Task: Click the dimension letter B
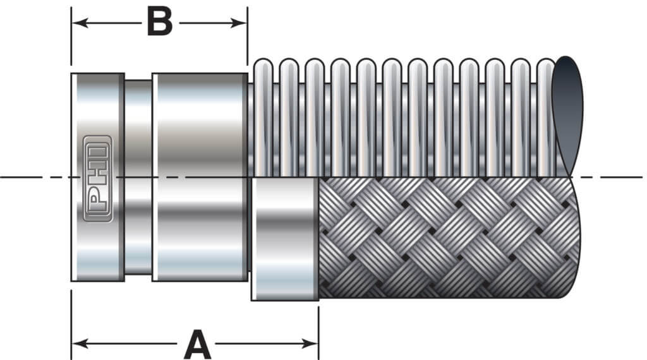pos(159,23)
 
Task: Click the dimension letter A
pos(197,344)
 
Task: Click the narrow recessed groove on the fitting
pos(138,177)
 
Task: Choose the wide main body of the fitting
pos(199,177)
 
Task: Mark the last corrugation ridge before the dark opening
pos(545,117)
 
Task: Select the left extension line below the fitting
pos(71,322)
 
